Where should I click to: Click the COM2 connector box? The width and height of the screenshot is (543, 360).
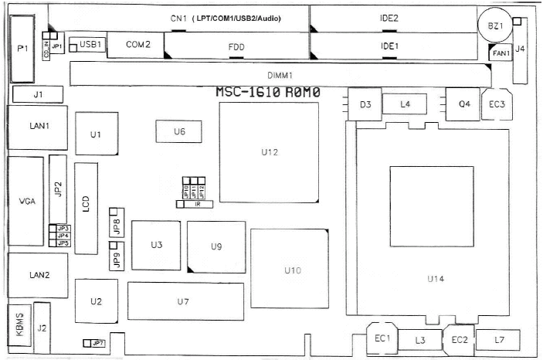[137, 45]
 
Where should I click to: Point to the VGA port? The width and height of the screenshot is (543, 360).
[25, 201]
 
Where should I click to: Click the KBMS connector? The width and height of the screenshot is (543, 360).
[19, 324]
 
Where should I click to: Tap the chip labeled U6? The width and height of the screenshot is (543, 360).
[178, 132]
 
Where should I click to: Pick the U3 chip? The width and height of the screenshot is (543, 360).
[156, 245]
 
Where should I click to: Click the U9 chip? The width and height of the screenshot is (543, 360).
[216, 246]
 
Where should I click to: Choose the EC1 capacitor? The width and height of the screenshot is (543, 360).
[382, 338]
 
